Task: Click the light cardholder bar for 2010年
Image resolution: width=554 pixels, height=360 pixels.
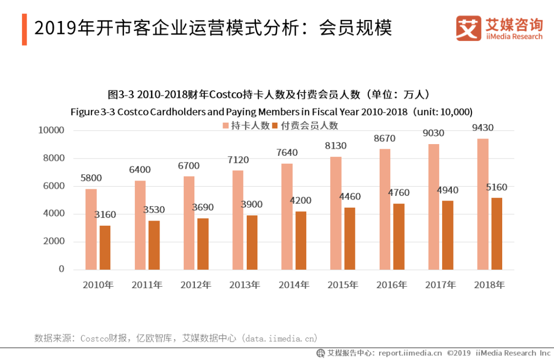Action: pyautogui.click(x=91, y=229)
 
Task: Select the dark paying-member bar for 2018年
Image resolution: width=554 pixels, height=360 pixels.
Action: pyautogui.click(x=497, y=234)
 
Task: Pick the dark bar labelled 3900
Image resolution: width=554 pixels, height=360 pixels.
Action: pyautogui.click(x=252, y=242)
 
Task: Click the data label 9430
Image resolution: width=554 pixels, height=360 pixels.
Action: pyautogui.click(x=483, y=128)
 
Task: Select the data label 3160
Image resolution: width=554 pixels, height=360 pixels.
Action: pyautogui.click(x=105, y=215)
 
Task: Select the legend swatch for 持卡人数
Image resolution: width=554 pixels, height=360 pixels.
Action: pyautogui.click(x=225, y=126)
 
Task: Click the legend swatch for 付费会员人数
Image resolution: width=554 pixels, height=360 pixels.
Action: pyautogui.click(x=275, y=126)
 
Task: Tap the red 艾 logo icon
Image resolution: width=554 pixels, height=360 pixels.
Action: pyautogui.click(x=468, y=28)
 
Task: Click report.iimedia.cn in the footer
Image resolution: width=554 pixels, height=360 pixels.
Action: pyautogui.click(x=410, y=353)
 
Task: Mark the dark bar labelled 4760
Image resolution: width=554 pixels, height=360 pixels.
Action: pyautogui.click(x=399, y=236)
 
